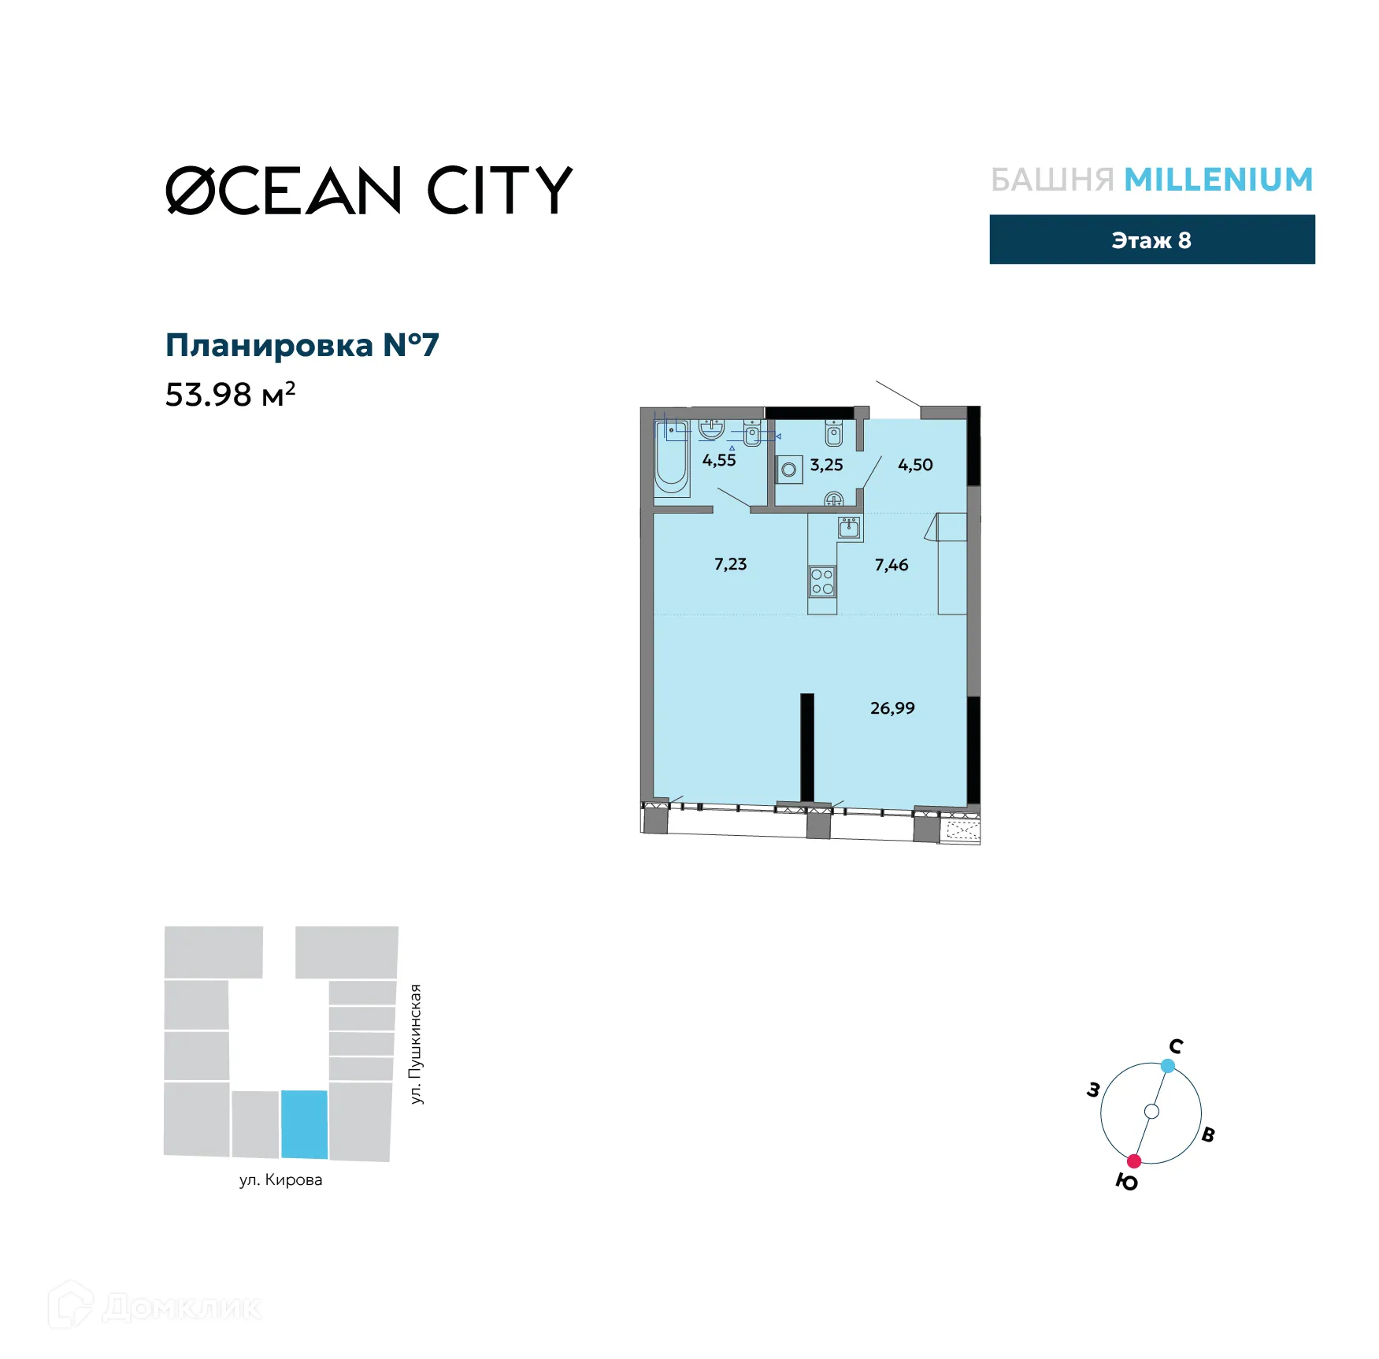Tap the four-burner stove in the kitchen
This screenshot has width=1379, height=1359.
click(821, 581)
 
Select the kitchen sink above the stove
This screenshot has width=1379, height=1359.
click(849, 527)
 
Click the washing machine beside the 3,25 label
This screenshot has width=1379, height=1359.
click(788, 470)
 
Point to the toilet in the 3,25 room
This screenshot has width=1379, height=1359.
click(834, 433)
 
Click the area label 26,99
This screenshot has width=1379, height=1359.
click(892, 708)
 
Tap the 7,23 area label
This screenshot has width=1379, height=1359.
click(730, 564)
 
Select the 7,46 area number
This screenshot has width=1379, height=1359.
click(892, 565)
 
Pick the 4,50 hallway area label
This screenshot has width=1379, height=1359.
click(915, 465)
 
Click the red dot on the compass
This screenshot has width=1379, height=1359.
click(1134, 1161)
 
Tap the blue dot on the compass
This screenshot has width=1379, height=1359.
click(1168, 1066)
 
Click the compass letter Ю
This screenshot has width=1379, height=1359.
click(1127, 1182)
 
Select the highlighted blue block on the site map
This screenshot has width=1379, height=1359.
click(305, 1124)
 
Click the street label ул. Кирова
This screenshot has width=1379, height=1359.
click(281, 1179)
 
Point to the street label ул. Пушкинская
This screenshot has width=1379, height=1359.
click(416, 1044)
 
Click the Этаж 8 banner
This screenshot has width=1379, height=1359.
click(1151, 239)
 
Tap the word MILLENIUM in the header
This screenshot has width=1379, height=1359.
click(1218, 180)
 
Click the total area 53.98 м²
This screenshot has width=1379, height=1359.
click(230, 394)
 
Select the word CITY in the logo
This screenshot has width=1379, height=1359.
click(499, 191)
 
